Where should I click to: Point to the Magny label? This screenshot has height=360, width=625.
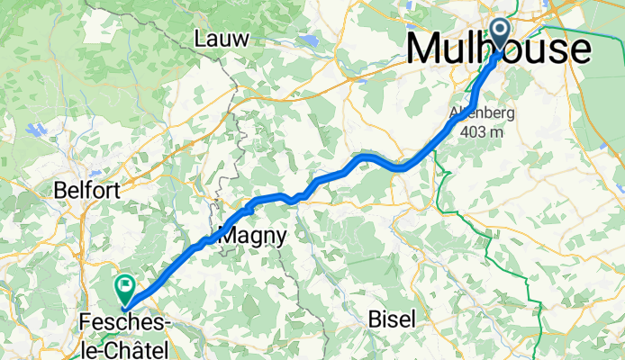[x=253, y=237]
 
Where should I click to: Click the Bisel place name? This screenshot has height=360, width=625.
[x=391, y=319]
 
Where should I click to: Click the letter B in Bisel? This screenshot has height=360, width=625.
[x=375, y=319]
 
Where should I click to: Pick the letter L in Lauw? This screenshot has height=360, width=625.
[x=200, y=39]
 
